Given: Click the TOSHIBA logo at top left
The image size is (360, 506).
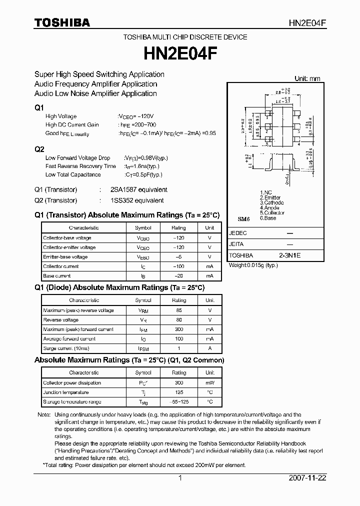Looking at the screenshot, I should [x=62, y=22].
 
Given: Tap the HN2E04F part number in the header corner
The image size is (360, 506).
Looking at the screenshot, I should [x=307, y=23].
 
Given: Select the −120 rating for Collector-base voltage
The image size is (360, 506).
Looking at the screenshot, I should [x=178, y=238].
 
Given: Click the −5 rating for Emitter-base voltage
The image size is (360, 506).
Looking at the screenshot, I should [x=178, y=257].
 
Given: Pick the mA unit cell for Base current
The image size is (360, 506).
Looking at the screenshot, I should [x=209, y=276].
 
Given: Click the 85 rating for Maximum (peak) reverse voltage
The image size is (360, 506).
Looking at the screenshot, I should [x=178, y=310].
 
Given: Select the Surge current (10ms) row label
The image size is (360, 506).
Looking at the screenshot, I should [x=66, y=348].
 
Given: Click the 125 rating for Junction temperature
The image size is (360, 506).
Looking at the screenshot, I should [x=178, y=392].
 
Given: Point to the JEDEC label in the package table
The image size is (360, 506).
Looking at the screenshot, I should [x=238, y=233].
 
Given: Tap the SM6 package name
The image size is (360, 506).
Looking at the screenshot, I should [x=243, y=219].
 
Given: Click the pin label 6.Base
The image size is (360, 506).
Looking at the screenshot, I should [x=268, y=218].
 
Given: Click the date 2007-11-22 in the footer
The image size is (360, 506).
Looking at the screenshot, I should [x=307, y=478].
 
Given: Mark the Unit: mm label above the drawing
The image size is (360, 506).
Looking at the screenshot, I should [x=307, y=78].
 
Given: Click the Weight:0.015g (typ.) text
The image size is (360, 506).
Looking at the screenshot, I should [x=253, y=265].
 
